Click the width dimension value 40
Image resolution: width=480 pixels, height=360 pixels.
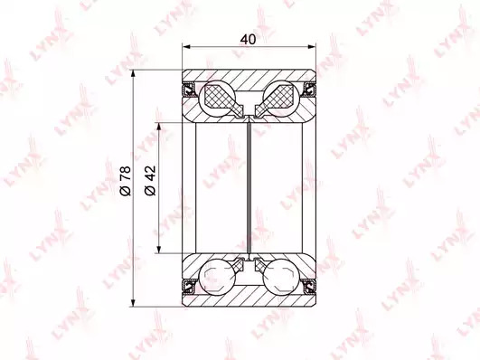click(248, 39)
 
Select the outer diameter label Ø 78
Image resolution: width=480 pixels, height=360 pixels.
click(126, 181)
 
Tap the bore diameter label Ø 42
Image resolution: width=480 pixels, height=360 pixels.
click(150, 181)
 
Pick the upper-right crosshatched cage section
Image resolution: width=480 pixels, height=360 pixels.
click(276, 99)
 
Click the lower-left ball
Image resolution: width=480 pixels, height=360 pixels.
click(218, 277)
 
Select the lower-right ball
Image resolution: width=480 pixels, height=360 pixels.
click(281, 277)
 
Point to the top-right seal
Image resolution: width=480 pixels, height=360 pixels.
click(309, 90)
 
